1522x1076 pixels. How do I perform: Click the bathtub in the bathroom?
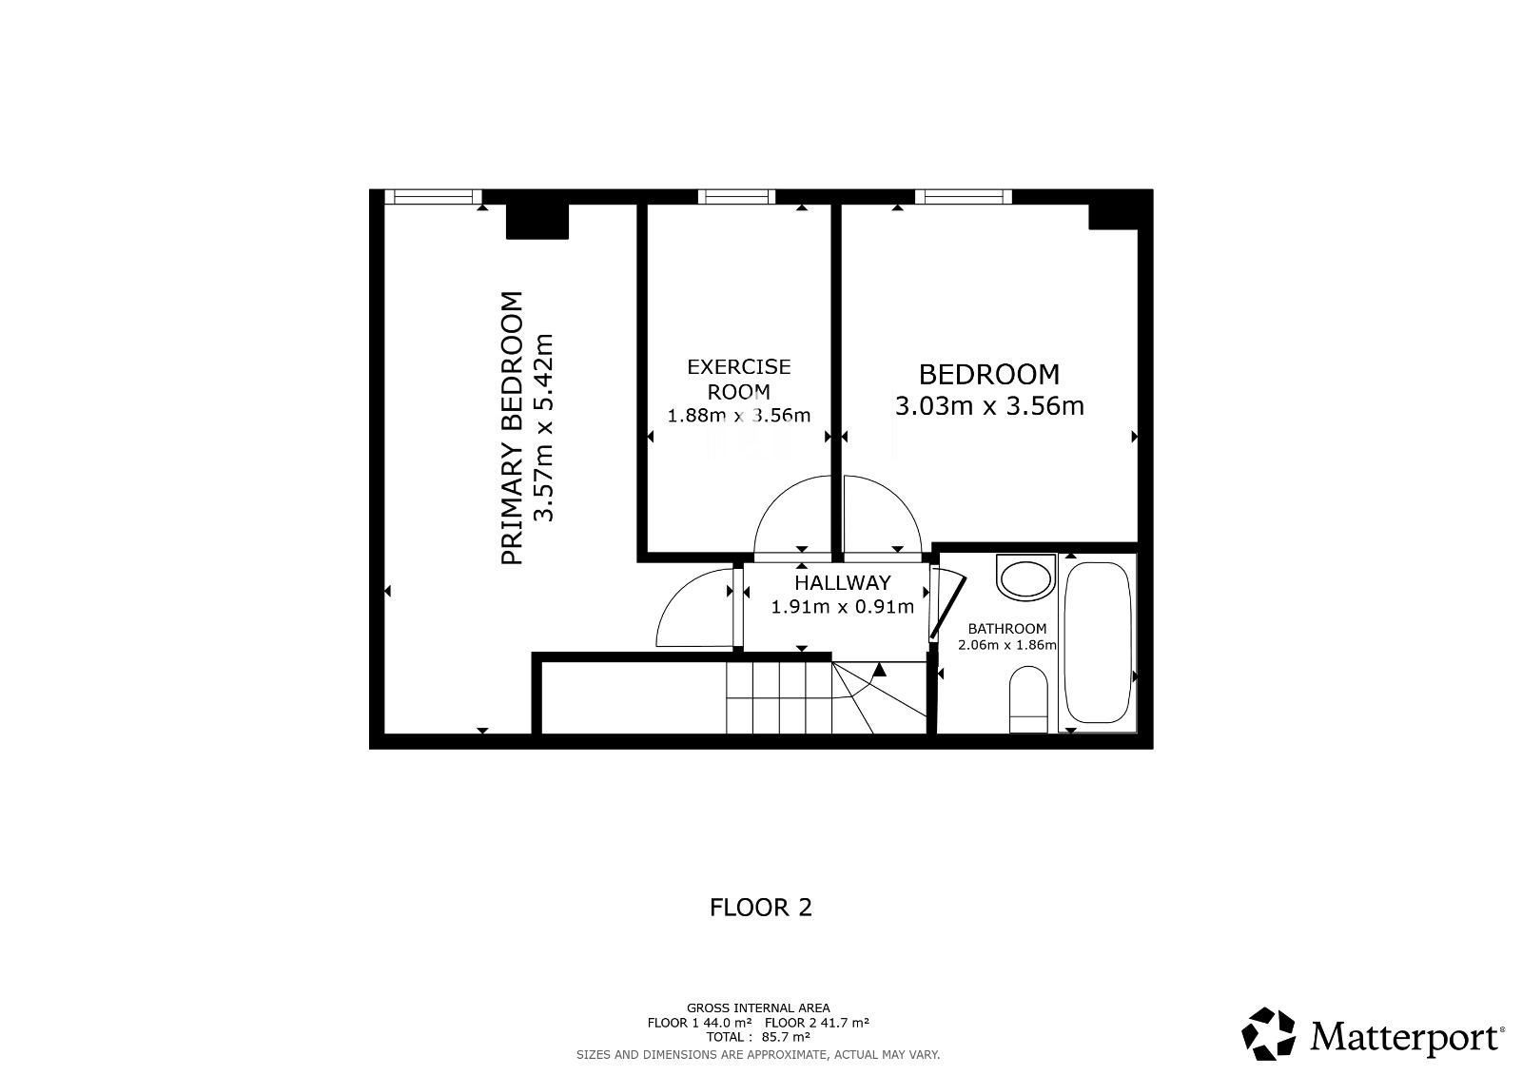(1097, 642)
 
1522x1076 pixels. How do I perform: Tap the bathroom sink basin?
(1026, 577)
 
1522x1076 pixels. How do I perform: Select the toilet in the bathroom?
(1028, 699)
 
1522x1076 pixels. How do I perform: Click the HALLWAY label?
(843, 582)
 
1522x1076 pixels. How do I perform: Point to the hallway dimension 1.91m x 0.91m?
(843, 606)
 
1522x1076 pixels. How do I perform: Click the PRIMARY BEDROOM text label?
(512, 428)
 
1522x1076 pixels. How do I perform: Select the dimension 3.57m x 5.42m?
(543, 427)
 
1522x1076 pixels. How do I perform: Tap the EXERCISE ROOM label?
(739, 380)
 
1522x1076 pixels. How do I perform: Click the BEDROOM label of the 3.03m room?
(988, 375)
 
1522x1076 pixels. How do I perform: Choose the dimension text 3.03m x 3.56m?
(989, 406)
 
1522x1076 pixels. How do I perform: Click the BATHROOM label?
(1007, 629)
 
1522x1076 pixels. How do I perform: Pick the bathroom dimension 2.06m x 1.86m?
(1007, 644)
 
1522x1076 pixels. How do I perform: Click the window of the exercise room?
(736, 196)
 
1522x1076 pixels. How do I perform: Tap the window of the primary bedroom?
(433, 196)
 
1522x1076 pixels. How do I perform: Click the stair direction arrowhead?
(880, 670)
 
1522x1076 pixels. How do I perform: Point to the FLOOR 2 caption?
(760, 908)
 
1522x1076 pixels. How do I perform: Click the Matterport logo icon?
(1268, 1034)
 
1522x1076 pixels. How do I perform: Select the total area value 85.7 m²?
(786, 1037)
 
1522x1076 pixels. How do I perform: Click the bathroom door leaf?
(947, 608)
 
